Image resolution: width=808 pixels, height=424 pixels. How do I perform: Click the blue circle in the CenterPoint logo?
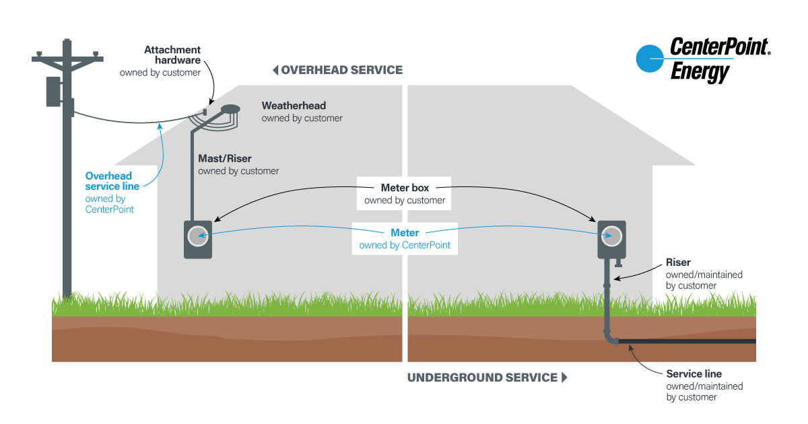point(650,59)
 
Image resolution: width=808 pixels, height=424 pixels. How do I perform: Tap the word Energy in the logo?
point(700,71)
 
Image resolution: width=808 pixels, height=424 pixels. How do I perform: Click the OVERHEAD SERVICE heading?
point(342,70)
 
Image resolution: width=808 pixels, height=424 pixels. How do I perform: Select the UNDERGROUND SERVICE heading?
point(482,378)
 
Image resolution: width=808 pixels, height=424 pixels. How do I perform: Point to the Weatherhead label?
point(294,106)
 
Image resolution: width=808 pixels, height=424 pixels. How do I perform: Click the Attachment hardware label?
point(172,55)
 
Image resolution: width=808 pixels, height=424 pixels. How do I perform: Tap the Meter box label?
point(405,188)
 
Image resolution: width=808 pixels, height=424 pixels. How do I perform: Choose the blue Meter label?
point(405,233)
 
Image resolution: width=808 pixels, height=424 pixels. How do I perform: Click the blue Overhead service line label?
point(112,181)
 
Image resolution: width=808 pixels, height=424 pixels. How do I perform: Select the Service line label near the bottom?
point(694,374)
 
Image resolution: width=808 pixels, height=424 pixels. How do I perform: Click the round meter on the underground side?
point(612,235)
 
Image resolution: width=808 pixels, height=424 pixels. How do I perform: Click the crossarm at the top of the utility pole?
point(66,59)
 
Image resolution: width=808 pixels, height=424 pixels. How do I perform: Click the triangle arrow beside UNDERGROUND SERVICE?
point(564,378)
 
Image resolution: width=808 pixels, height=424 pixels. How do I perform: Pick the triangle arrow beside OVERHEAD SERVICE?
point(275,70)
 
